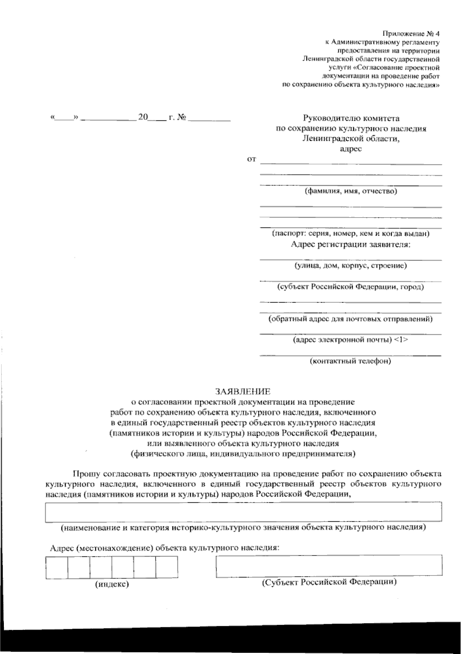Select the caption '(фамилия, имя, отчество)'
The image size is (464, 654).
click(x=351, y=191)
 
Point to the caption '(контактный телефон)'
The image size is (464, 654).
click(x=350, y=361)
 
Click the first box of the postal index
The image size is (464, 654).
click(x=56, y=567)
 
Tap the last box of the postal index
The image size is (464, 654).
click(x=167, y=567)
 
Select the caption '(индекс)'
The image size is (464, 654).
click(x=112, y=584)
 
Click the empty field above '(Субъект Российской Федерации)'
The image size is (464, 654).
click(x=329, y=565)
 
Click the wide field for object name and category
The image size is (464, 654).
click(x=243, y=512)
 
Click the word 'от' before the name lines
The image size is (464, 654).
click(x=251, y=159)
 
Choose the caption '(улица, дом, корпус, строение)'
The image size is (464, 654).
click(x=350, y=266)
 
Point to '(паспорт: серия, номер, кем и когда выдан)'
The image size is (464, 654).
click(x=350, y=234)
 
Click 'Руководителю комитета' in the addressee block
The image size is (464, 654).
click(x=351, y=118)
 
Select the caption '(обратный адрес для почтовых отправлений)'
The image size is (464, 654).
click(x=350, y=319)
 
